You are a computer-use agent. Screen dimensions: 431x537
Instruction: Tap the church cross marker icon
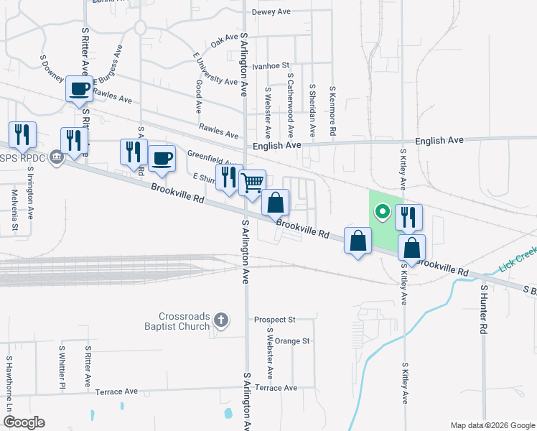pos(221,320)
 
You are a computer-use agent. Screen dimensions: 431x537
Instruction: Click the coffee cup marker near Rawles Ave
pos(79,89)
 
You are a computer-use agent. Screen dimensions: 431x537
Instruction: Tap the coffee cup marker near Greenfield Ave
pos(162,158)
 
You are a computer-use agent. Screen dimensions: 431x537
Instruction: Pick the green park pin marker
pos(383,211)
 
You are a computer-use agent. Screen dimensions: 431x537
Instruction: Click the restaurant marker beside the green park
pos(408,217)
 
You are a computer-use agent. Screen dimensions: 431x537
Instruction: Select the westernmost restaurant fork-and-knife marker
pos(22,134)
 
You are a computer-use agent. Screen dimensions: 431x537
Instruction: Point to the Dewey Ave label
pos(270,12)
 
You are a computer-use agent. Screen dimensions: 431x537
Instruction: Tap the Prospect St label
pos(275,319)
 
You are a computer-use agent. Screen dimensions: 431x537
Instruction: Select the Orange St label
pos(291,341)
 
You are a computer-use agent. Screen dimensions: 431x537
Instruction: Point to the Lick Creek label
pos(517,267)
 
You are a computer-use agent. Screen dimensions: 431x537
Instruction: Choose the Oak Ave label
pos(224,42)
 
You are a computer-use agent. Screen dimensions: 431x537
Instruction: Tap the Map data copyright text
pos(492,425)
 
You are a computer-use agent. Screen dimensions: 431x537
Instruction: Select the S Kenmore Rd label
pos(332,111)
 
